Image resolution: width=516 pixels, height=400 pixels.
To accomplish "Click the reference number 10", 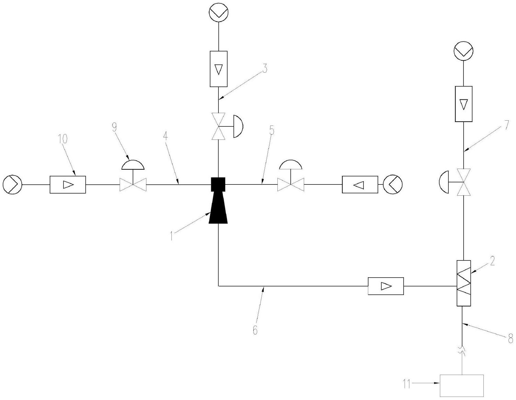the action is (63, 139).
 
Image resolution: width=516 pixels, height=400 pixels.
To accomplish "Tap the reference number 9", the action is (114, 127).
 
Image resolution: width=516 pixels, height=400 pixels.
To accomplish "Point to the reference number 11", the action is (407, 384).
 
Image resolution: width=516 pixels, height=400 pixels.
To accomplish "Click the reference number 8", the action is (511, 339).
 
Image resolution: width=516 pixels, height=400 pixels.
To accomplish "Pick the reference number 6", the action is (255, 330).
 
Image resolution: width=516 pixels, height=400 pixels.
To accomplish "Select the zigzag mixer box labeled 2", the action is (464, 283).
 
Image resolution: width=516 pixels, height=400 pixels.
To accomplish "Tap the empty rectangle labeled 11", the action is (461, 386).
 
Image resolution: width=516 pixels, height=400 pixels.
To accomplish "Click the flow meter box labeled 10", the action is (68, 185).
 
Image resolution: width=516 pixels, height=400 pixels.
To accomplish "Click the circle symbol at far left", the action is (12, 185).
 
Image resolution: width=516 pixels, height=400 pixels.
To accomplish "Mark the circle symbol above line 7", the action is (464, 51).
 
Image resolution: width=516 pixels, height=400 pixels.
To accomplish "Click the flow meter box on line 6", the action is (386, 286).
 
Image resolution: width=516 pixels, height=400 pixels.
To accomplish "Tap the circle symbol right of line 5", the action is (393, 184).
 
